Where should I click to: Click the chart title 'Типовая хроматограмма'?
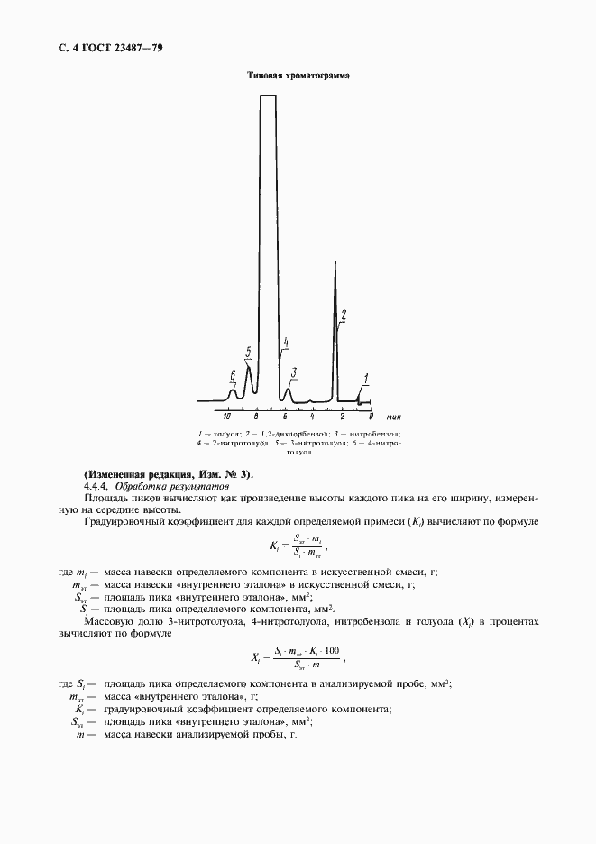tap(298, 77)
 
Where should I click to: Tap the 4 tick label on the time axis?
tap(313, 417)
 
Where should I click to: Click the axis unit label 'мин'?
tap(393, 417)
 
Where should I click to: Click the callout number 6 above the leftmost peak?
tap(233, 375)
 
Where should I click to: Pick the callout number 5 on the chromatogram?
tap(248, 351)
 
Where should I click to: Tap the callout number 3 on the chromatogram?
tap(294, 372)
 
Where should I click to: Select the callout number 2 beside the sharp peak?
tap(344, 315)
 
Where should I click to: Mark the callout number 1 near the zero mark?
tap(366, 378)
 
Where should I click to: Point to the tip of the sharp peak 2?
tap(335, 262)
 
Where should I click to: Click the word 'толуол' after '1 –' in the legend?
tap(219, 434)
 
